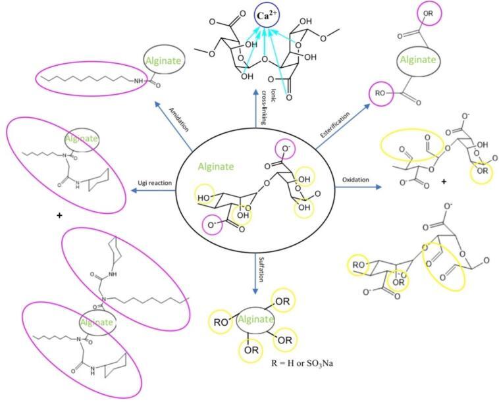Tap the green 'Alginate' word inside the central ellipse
point(215,166)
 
